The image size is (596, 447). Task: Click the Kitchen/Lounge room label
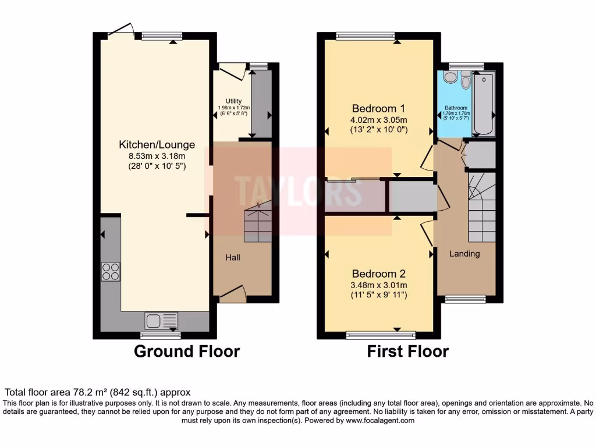[157, 144]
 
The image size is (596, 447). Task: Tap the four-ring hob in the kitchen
[111, 272]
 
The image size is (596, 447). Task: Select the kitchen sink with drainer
[161, 321]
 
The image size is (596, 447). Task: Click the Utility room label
[233, 102]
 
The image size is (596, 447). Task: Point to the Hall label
[233, 257]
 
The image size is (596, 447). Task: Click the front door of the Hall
[232, 295]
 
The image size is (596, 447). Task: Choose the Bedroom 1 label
[378, 108]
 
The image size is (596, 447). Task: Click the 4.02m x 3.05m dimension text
[378, 119]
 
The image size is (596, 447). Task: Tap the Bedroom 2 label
[378, 274]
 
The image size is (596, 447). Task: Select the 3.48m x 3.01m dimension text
[378, 285]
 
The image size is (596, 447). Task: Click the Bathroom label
[456, 108]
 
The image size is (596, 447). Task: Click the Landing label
[464, 253]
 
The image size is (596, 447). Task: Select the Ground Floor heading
[187, 352]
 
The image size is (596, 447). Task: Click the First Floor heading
[407, 352]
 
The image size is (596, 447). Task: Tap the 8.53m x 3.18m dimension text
[157, 155]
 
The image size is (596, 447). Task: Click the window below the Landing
[465, 299]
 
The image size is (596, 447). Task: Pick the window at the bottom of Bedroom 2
[381, 335]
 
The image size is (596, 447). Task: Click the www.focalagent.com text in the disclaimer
[379, 420]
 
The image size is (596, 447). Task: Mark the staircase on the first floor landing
[481, 207]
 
